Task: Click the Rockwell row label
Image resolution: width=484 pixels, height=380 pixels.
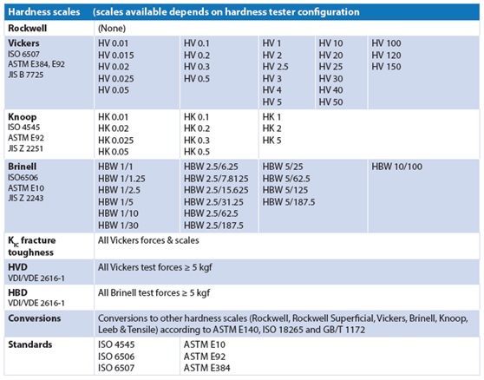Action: pyautogui.click(x=28, y=29)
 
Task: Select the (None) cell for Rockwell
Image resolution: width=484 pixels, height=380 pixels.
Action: pyautogui.click(x=112, y=29)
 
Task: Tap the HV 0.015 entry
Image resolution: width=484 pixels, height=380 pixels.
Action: pyautogui.click(x=116, y=56)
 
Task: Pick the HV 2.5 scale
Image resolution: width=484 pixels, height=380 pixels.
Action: pyautogui.click(x=275, y=67)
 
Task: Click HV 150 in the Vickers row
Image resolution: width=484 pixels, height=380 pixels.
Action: pyautogui.click(x=386, y=67)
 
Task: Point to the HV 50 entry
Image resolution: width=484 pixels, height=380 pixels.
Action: pyautogui.click(x=330, y=102)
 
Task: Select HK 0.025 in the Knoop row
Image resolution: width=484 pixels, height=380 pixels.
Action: pyautogui.click(x=115, y=141)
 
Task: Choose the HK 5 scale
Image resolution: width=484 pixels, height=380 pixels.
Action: pyautogui.click(x=271, y=141)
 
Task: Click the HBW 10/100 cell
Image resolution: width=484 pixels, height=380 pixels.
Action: pyautogui.click(x=396, y=167)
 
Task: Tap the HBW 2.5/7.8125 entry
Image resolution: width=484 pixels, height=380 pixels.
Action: pyautogui.click(x=216, y=179)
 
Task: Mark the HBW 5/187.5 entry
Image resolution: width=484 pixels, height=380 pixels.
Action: pyautogui.click(x=289, y=202)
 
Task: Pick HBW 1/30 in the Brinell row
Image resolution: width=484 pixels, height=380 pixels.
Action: pyautogui.click(x=118, y=226)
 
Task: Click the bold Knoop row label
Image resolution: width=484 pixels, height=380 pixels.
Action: pyautogui.click(x=23, y=117)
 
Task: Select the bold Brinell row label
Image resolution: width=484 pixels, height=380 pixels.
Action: pyautogui.click(x=23, y=167)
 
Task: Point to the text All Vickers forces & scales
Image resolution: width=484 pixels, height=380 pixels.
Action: pyautogui.click(x=148, y=240)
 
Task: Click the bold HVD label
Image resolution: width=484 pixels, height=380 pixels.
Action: pyautogui.click(x=17, y=267)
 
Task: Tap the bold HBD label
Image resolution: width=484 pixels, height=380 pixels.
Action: pyautogui.click(x=17, y=292)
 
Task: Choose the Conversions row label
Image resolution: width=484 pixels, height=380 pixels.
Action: pyautogui.click(x=35, y=318)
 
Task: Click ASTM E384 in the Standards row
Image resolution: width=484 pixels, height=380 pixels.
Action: pyautogui.click(x=206, y=368)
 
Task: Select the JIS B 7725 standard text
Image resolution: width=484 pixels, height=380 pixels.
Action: pyautogui.click(x=26, y=75)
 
